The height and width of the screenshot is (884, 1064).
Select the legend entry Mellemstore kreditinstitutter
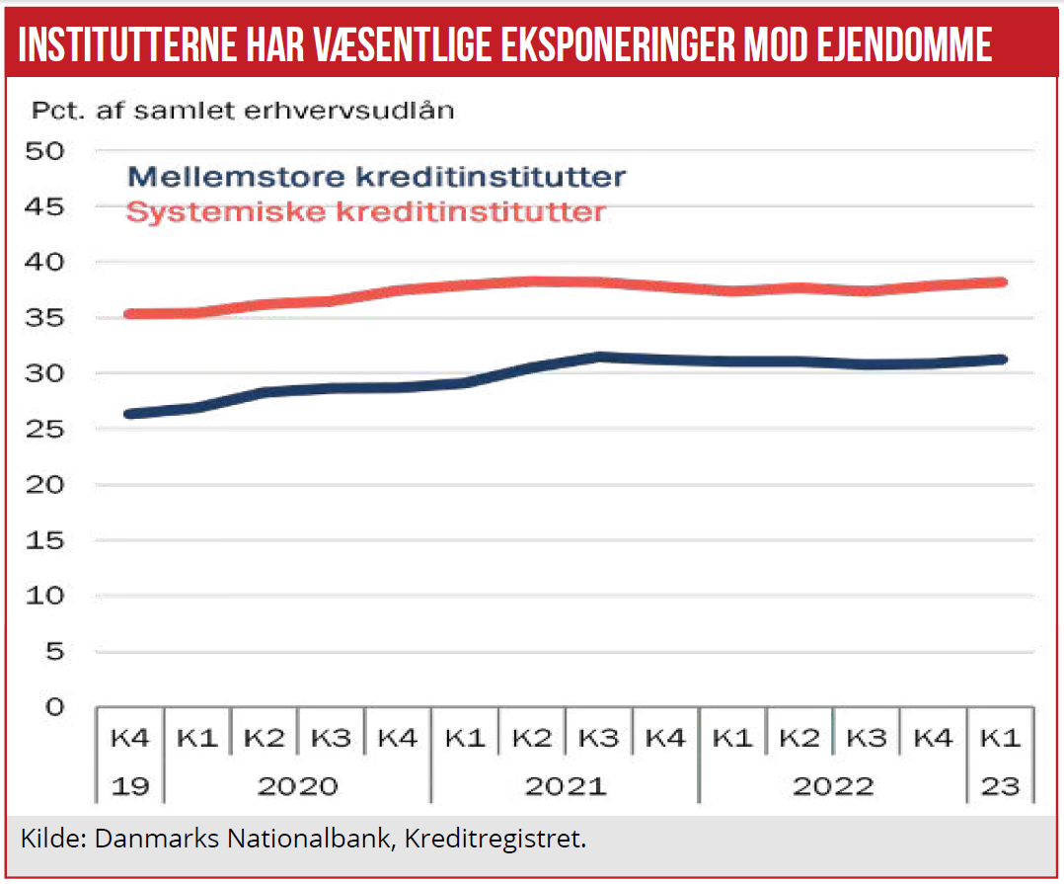[x=377, y=178]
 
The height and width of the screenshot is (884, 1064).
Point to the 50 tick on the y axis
[x=48, y=151]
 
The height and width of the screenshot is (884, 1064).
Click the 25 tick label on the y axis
[x=48, y=430]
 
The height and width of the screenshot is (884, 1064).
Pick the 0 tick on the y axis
[x=54, y=707]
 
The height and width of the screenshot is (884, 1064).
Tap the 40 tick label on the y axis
[x=48, y=263]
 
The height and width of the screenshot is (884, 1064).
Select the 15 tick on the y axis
[x=48, y=541]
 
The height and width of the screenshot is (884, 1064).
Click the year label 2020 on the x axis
[x=297, y=787]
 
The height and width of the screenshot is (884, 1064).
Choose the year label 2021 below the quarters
[x=566, y=787]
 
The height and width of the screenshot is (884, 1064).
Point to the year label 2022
[x=833, y=787]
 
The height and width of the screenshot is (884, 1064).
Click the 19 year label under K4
[x=128, y=787]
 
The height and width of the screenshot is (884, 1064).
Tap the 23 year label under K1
[x=1001, y=787]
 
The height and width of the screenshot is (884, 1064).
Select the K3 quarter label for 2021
[x=599, y=738]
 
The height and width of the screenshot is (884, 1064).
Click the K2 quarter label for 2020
[x=264, y=738]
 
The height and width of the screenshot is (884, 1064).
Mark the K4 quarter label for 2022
[x=934, y=738]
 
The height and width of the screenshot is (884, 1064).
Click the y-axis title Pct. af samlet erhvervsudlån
[x=243, y=110]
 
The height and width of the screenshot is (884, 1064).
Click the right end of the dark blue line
[x=1002, y=360]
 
